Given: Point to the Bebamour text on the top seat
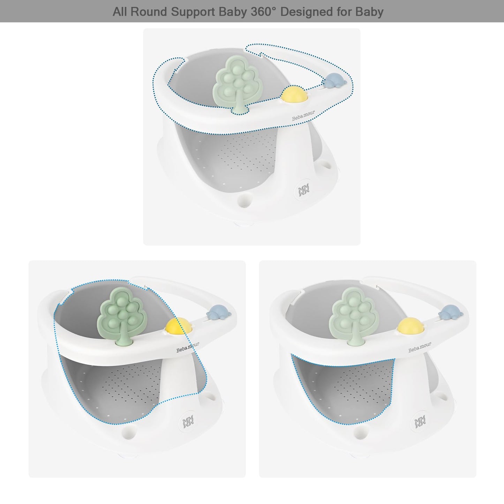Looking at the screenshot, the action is pyautogui.click(x=303, y=115).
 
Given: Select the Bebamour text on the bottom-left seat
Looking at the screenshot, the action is pyautogui.click(x=188, y=347).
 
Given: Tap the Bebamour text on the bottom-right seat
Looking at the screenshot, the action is pyautogui.click(x=420, y=347).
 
